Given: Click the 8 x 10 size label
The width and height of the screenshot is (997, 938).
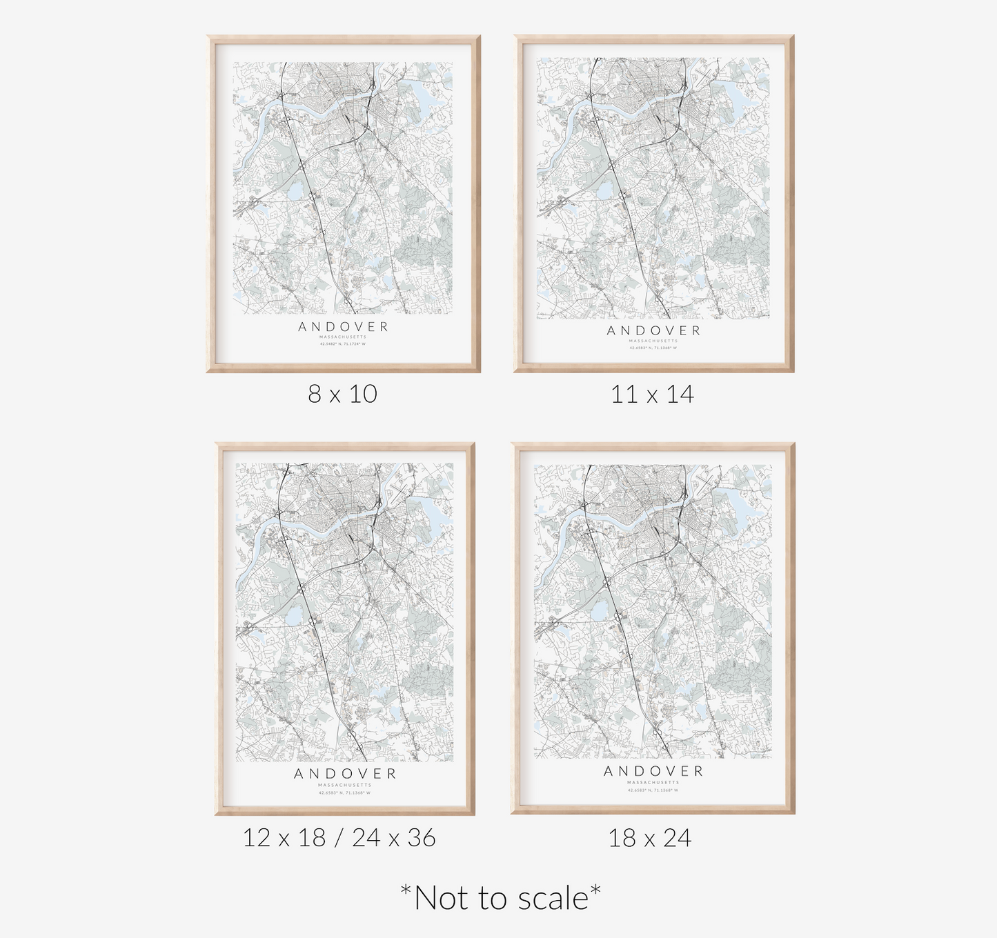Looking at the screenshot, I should click(x=342, y=394).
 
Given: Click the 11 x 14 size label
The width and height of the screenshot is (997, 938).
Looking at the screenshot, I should click(x=652, y=395).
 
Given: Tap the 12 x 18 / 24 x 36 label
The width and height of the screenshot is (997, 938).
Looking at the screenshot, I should click(x=339, y=838).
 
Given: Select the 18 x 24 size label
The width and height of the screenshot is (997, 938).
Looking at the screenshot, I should click(x=649, y=838).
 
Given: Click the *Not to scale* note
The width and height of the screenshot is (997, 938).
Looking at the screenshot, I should click(x=501, y=898).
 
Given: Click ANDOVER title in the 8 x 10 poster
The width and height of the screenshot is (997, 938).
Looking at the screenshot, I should click(x=343, y=327).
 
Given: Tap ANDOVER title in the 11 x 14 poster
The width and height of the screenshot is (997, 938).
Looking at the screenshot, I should click(x=653, y=331).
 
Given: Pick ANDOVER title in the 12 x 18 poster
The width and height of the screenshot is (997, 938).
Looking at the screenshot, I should click(x=345, y=774).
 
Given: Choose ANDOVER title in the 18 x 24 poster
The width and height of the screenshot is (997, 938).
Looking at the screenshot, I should click(x=653, y=771).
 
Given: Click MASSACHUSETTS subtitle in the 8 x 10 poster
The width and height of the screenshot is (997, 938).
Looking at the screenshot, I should click(x=343, y=337).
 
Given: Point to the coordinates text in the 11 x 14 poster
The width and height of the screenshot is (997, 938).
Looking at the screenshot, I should click(x=653, y=348).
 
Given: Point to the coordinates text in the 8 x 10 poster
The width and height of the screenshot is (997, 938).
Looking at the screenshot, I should click(x=343, y=343).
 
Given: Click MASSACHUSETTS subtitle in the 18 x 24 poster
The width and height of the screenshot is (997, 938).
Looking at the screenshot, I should click(x=653, y=782).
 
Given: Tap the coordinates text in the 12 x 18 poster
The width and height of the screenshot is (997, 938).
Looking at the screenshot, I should click(x=345, y=792).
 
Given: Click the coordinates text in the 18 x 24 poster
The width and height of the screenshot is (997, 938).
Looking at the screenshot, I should click(x=653, y=790).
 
